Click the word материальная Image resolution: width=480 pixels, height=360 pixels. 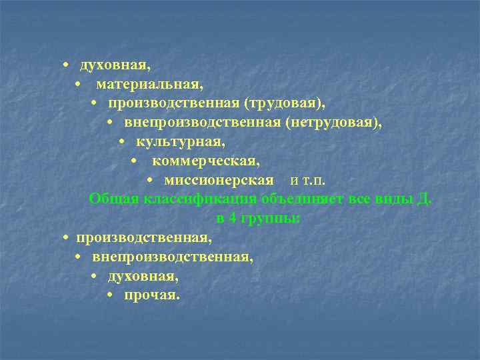coord(149,85)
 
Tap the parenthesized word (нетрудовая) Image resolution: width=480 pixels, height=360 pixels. coord(334,123)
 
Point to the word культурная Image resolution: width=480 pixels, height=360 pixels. coord(181,143)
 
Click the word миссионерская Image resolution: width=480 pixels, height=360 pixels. coord(219,181)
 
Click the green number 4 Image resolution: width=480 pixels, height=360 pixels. coord(231,218)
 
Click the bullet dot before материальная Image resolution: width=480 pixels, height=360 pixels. coord(79,85)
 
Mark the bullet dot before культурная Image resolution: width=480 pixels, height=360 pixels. coord(122,143)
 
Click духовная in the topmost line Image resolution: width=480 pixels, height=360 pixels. coord(115,66)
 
